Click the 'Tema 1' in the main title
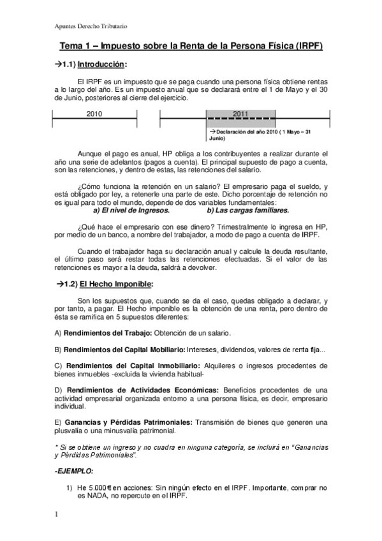coord(75,47)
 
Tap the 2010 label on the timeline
coord(94,114)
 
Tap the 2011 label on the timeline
coord(240,114)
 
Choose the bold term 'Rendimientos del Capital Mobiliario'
coord(124,350)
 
